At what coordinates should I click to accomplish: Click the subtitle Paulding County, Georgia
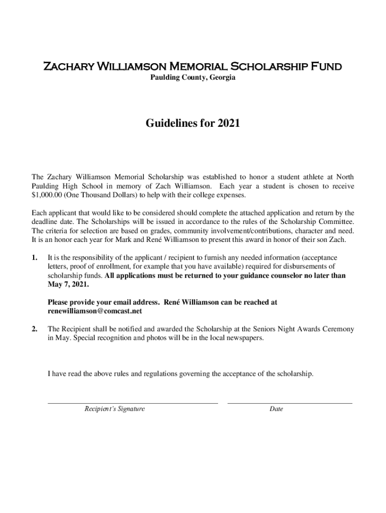(x=193, y=78)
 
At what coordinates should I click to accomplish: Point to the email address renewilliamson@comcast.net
(x=95, y=311)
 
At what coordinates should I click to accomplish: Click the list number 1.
(x=34, y=257)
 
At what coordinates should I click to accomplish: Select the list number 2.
(x=34, y=329)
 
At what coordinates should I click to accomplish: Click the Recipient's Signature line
(x=132, y=402)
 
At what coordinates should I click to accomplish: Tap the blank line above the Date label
(x=290, y=402)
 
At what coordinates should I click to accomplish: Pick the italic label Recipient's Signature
(x=115, y=409)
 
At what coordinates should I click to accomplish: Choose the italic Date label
(x=276, y=409)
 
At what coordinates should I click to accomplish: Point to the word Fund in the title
(x=327, y=67)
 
